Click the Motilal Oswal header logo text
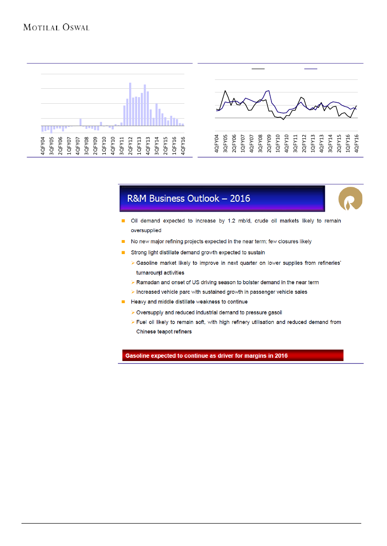(x=56, y=28)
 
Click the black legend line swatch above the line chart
(x=258, y=69)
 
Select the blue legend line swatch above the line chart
(x=311, y=69)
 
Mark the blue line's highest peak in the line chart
(x=269, y=90)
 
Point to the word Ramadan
(x=148, y=283)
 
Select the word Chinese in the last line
(x=147, y=332)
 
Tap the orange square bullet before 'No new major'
(x=123, y=241)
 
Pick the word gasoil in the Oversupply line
(x=273, y=312)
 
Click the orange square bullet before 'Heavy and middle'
(x=123, y=302)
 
